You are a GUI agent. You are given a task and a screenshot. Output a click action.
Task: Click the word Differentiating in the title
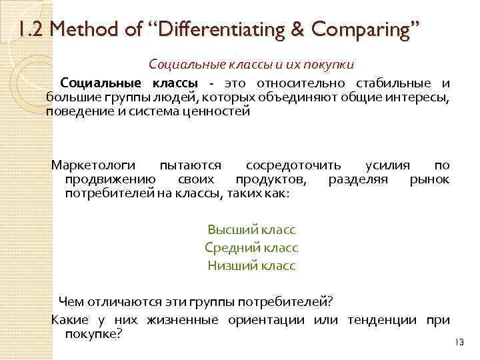pyautogui.click(x=203, y=29)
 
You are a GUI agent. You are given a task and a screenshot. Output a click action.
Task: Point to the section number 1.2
pyautogui.click(x=31, y=29)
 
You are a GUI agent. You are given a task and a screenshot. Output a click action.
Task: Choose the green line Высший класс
pyautogui.click(x=251, y=230)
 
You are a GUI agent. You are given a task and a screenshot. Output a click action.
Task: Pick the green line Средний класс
pyautogui.click(x=251, y=247)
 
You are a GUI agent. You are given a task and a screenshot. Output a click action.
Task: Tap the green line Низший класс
pyautogui.click(x=251, y=265)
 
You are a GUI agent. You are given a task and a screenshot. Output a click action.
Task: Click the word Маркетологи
pyautogui.click(x=93, y=165)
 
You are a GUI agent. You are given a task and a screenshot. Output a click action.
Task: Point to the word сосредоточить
pyautogui.click(x=294, y=165)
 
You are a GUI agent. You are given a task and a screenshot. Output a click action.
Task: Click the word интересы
pyautogui.click(x=421, y=97)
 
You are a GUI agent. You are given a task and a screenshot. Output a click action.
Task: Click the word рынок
pyautogui.click(x=429, y=179)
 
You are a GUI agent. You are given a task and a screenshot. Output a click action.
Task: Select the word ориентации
pyautogui.click(x=265, y=320)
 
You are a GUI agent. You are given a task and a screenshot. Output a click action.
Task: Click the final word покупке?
pyautogui.click(x=93, y=333)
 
